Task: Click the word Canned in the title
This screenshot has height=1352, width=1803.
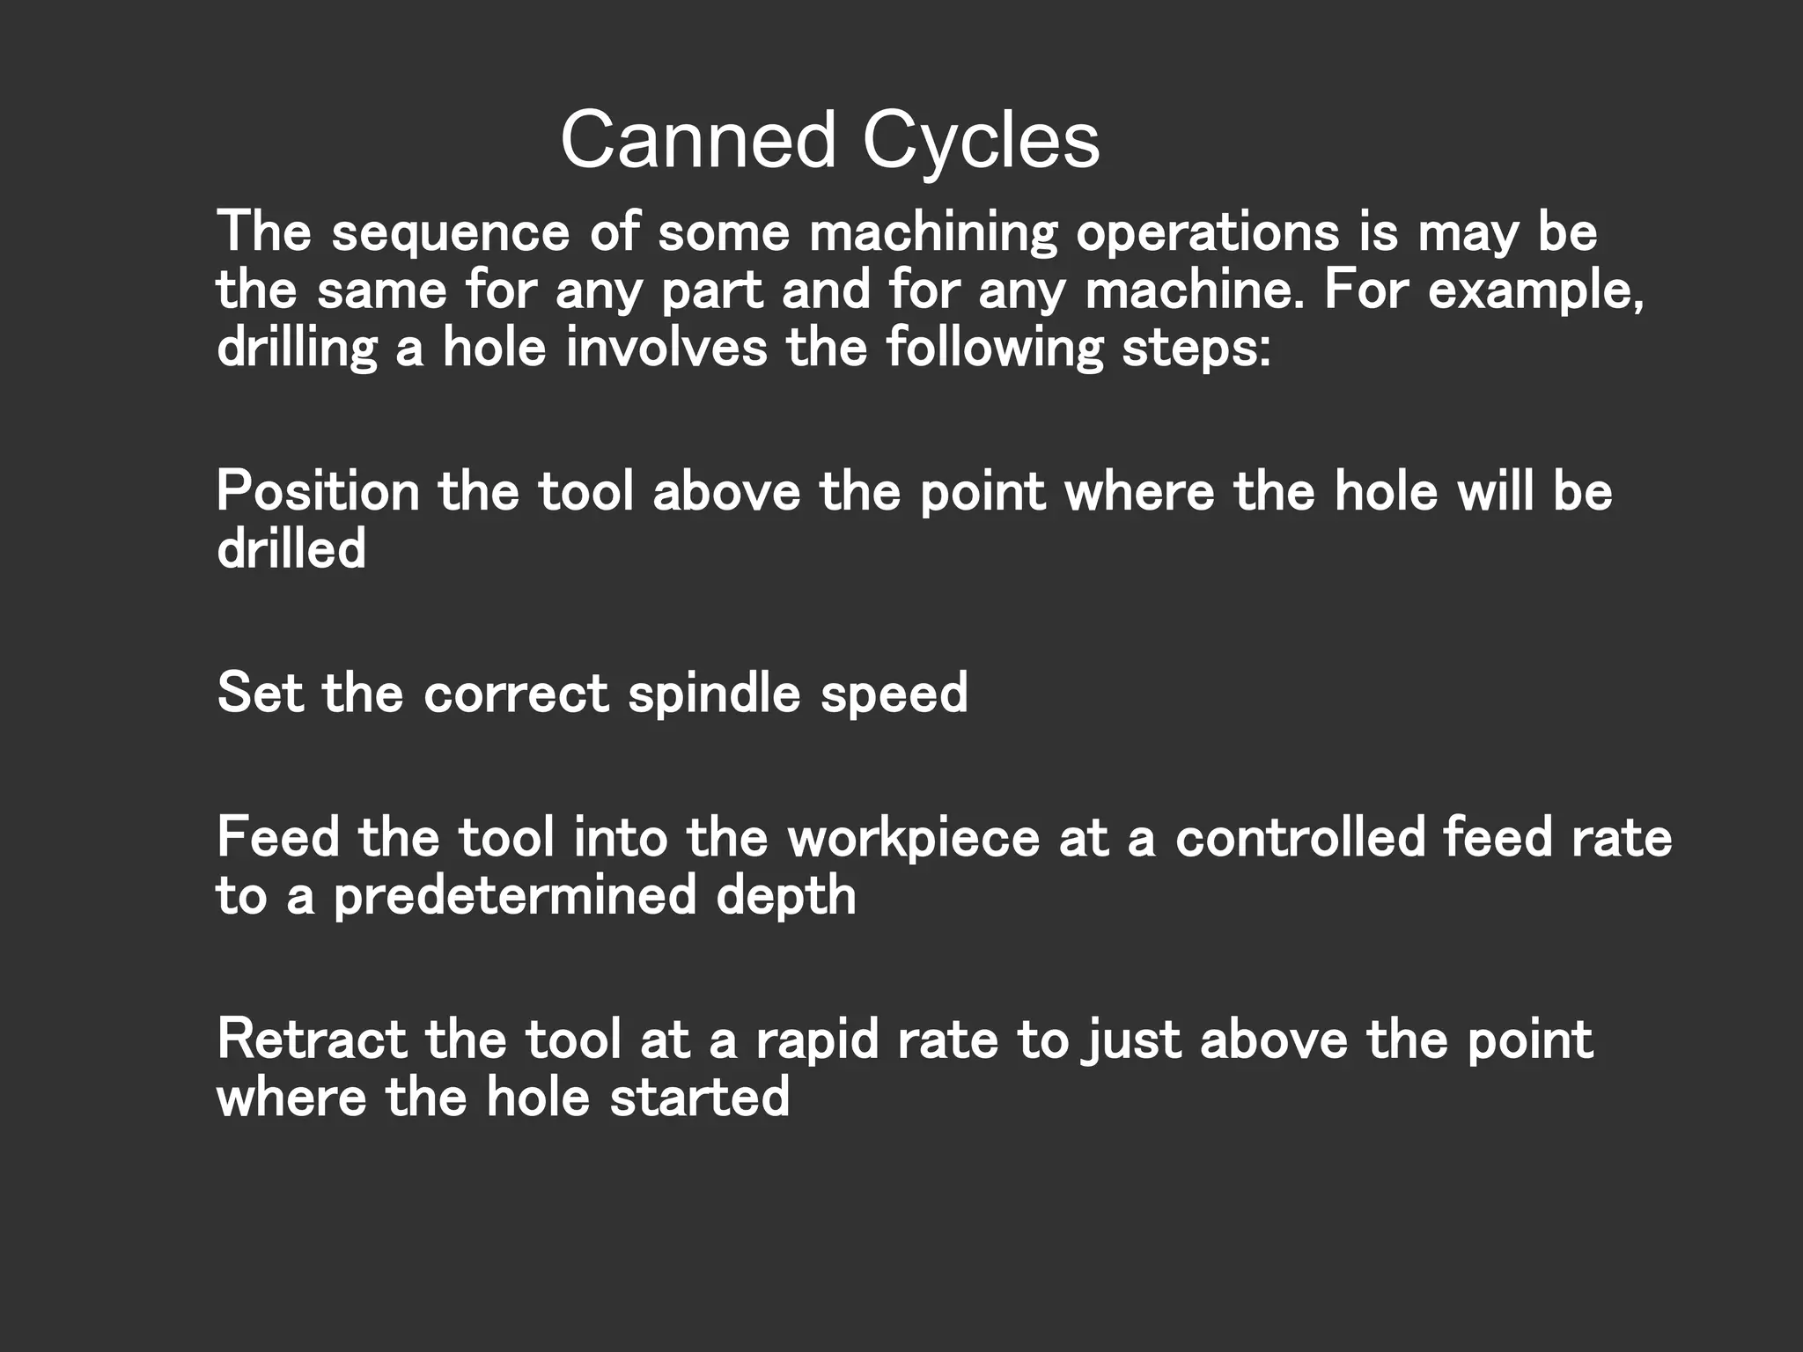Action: coord(697,141)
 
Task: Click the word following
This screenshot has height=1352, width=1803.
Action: coord(994,349)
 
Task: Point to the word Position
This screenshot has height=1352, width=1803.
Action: coord(318,491)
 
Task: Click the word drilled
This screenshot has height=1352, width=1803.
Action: coord(291,549)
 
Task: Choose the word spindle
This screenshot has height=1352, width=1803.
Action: coord(714,694)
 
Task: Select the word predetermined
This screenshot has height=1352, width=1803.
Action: coord(515,896)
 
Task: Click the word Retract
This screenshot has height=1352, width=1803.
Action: coord(312,1039)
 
